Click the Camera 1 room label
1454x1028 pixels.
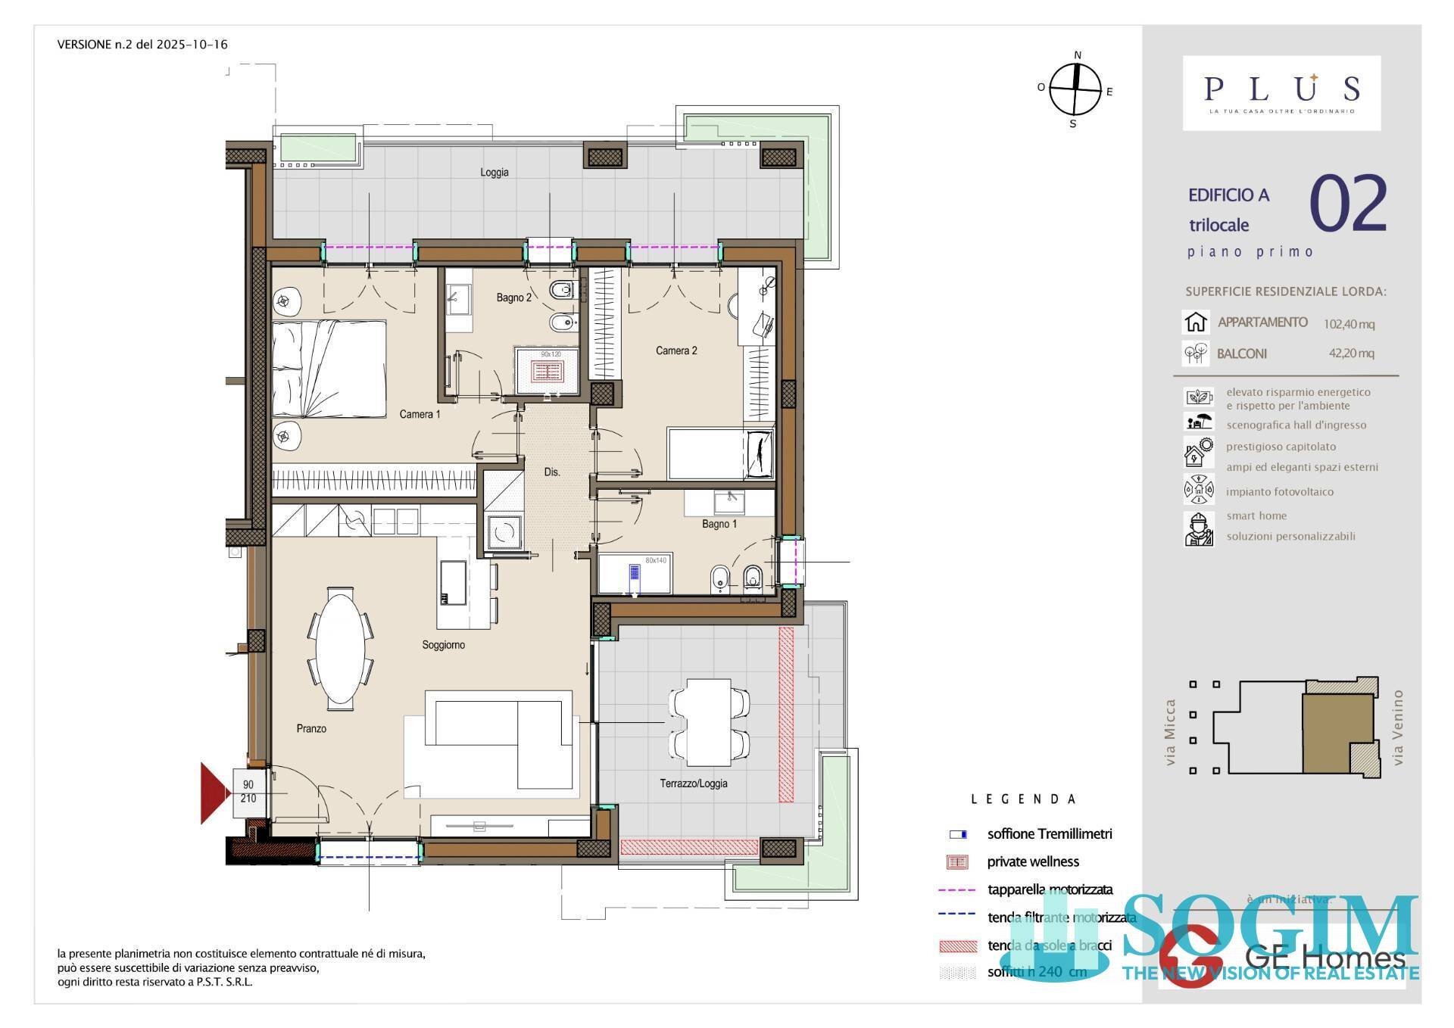pyautogui.click(x=420, y=414)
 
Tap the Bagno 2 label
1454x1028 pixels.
pyautogui.click(x=513, y=297)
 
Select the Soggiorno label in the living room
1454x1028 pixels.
pyautogui.click(x=443, y=645)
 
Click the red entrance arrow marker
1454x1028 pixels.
pyautogui.click(x=213, y=793)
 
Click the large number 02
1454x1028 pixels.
pyautogui.click(x=1347, y=204)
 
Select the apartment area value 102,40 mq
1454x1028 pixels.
pyautogui.click(x=1349, y=324)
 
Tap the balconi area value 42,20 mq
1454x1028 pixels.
pyautogui.click(x=1351, y=353)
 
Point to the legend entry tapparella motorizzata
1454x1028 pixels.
pyautogui.click(x=1050, y=889)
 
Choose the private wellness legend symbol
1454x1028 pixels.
pyautogui.click(x=958, y=861)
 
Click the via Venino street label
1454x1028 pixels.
pyautogui.click(x=1397, y=727)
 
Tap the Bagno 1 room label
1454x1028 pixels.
pyautogui.click(x=719, y=524)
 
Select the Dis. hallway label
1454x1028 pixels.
pyautogui.click(x=552, y=472)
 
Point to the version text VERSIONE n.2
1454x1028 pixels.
pyautogui.click(x=142, y=44)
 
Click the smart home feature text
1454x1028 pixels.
pyautogui.click(x=1256, y=516)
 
